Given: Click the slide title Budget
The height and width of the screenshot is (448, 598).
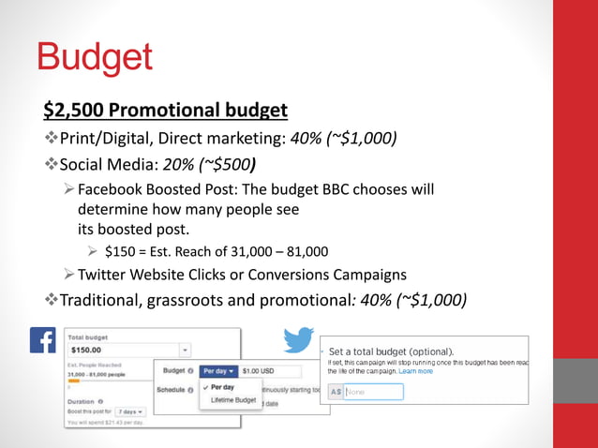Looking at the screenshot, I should [94, 58].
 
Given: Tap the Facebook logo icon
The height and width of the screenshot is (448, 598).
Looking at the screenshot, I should [43, 339].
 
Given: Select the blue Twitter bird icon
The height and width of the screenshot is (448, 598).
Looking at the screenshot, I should [298, 340].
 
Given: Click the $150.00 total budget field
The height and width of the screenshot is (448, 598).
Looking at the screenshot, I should [126, 350].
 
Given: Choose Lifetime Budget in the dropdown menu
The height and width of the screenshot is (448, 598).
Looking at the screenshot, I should [234, 401].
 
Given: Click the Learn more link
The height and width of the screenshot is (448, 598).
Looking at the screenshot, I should [415, 371].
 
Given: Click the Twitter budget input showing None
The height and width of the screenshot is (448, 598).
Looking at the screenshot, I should [373, 392].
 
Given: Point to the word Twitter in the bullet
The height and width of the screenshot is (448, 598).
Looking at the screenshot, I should [105, 275].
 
